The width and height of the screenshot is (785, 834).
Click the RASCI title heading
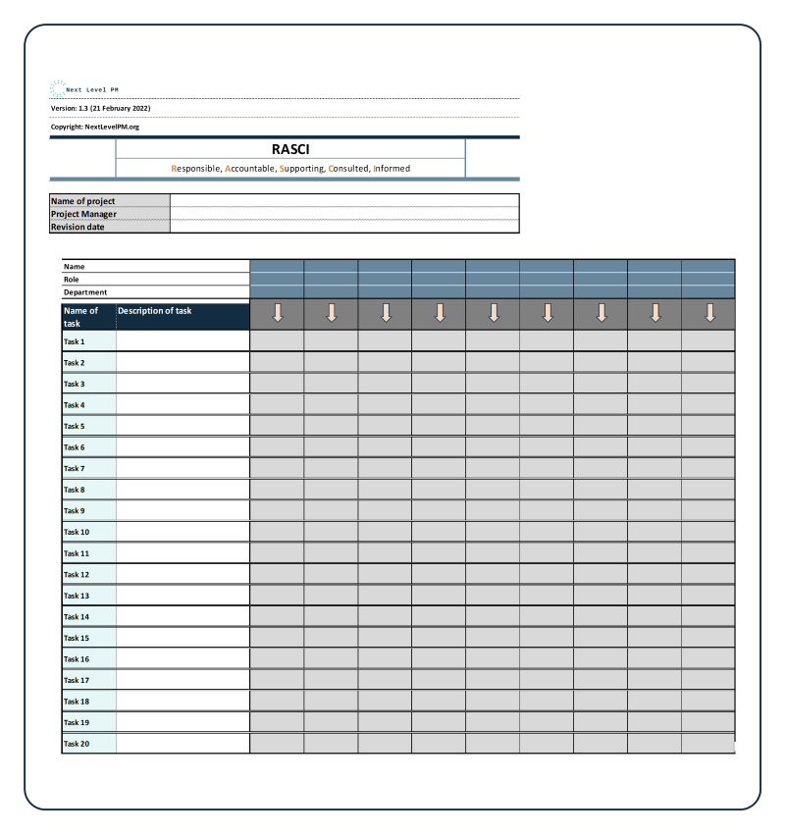point(290,150)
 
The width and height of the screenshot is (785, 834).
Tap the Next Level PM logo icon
point(57,88)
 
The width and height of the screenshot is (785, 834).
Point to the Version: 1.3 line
point(100,108)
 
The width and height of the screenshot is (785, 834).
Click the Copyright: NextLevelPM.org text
point(95,127)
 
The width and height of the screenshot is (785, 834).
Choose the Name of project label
point(83,201)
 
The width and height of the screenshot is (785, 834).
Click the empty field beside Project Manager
point(343,214)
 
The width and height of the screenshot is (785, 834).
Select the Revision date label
point(78,227)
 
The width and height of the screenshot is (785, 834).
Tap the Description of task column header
point(155,311)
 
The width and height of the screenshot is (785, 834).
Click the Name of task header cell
point(81,316)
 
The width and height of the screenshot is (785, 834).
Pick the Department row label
point(85,292)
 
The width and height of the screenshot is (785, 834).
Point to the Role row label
point(72,279)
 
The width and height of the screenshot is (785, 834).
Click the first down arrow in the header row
point(278,313)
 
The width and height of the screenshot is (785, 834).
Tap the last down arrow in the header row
point(709,313)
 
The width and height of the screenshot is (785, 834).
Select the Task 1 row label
point(75,341)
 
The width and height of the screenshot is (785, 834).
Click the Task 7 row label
point(75,469)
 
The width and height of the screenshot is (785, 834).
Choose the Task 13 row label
point(77,596)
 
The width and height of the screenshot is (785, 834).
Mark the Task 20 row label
point(77,744)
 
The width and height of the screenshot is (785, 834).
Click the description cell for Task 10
point(183,532)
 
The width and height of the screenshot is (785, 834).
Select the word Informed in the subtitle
point(392,169)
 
